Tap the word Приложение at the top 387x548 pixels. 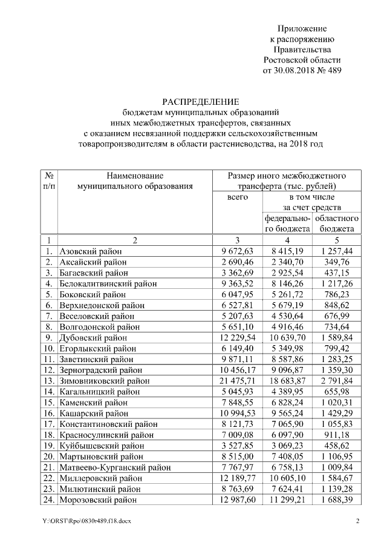302,28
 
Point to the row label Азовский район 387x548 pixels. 91,251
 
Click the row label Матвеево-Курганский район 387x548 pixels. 115,467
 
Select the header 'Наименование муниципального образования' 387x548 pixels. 135,180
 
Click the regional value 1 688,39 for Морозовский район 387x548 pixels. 340,500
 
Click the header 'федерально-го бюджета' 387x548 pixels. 287,223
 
